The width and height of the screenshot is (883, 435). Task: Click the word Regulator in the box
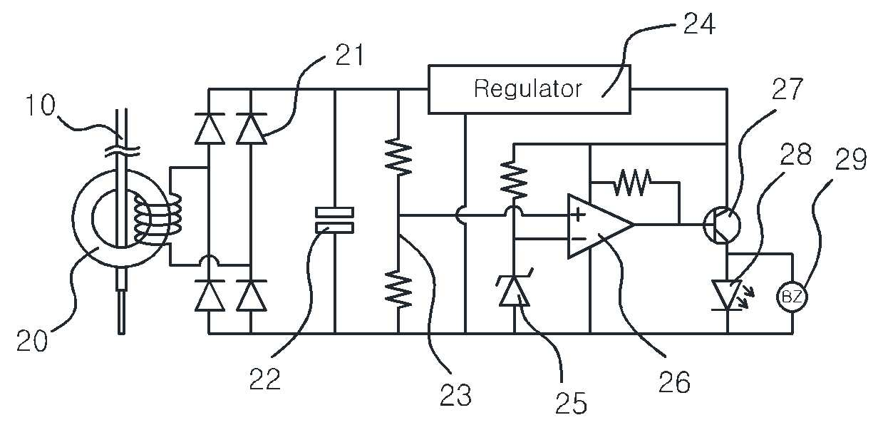(528, 89)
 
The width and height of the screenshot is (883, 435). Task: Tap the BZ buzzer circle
(792, 297)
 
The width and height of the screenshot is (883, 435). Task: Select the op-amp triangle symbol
(601, 226)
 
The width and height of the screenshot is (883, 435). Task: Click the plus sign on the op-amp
(578, 215)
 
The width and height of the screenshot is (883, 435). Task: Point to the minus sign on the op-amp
(579, 239)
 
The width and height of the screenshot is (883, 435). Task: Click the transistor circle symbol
(722, 225)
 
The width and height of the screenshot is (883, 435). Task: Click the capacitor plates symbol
(335, 221)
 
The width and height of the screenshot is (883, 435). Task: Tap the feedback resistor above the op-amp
(632, 183)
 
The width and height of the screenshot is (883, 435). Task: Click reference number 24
(699, 24)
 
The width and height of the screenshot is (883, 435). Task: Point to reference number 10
(40, 106)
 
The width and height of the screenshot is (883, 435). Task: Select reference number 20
(32, 340)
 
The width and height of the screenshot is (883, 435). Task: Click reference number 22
(264, 379)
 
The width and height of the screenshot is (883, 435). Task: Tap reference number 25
(571, 403)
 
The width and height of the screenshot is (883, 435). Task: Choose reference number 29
(851, 159)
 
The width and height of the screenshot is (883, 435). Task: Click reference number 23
(455, 395)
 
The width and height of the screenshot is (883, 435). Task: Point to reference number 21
(349, 54)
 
